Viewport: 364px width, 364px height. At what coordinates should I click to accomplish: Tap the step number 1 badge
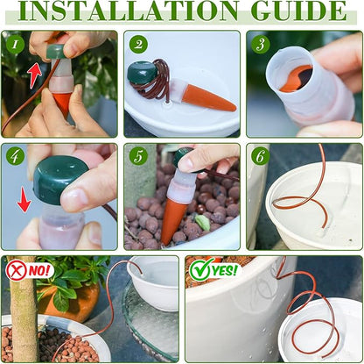pyautogui.click(x=15, y=44)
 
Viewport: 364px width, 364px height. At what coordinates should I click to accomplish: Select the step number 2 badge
pyautogui.click(x=138, y=44)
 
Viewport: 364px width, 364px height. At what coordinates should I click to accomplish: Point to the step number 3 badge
pyautogui.click(x=261, y=44)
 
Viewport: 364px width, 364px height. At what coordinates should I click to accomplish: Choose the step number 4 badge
pyautogui.click(x=15, y=156)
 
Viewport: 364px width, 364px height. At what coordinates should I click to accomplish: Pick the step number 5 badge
pyautogui.click(x=138, y=156)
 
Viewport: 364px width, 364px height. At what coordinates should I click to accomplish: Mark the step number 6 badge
pyautogui.click(x=260, y=156)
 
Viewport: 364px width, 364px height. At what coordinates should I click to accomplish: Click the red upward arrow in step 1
pyautogui.click(x=36, y=75)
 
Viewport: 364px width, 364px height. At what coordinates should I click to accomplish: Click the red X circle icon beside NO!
pyautogui.click(x=17, y=270)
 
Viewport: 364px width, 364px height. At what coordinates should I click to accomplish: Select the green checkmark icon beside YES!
pyautogui.click(x=200, y=269)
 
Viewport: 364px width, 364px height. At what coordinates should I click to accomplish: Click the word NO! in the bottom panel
pyautogui.click(x=39, y=271)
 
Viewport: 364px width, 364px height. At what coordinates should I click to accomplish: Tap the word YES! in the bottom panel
pyautogui.click(x=225, y=270)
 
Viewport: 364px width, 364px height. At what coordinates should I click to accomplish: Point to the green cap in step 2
pyautogui.click(x=139, y=71)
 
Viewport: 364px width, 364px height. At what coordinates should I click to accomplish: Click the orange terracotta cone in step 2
pyautogui.click(x=207, y=98)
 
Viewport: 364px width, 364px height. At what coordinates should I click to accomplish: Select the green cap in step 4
pyautogui.click(x=59, y=179)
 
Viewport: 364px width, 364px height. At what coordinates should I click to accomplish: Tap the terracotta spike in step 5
pyautogui.click(x=170, y=221)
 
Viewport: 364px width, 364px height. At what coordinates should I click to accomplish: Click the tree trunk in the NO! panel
pyautogui.click(x=24, y=309)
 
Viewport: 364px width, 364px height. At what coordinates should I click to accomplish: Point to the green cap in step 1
pyautogui.click(x=56, y=51)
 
